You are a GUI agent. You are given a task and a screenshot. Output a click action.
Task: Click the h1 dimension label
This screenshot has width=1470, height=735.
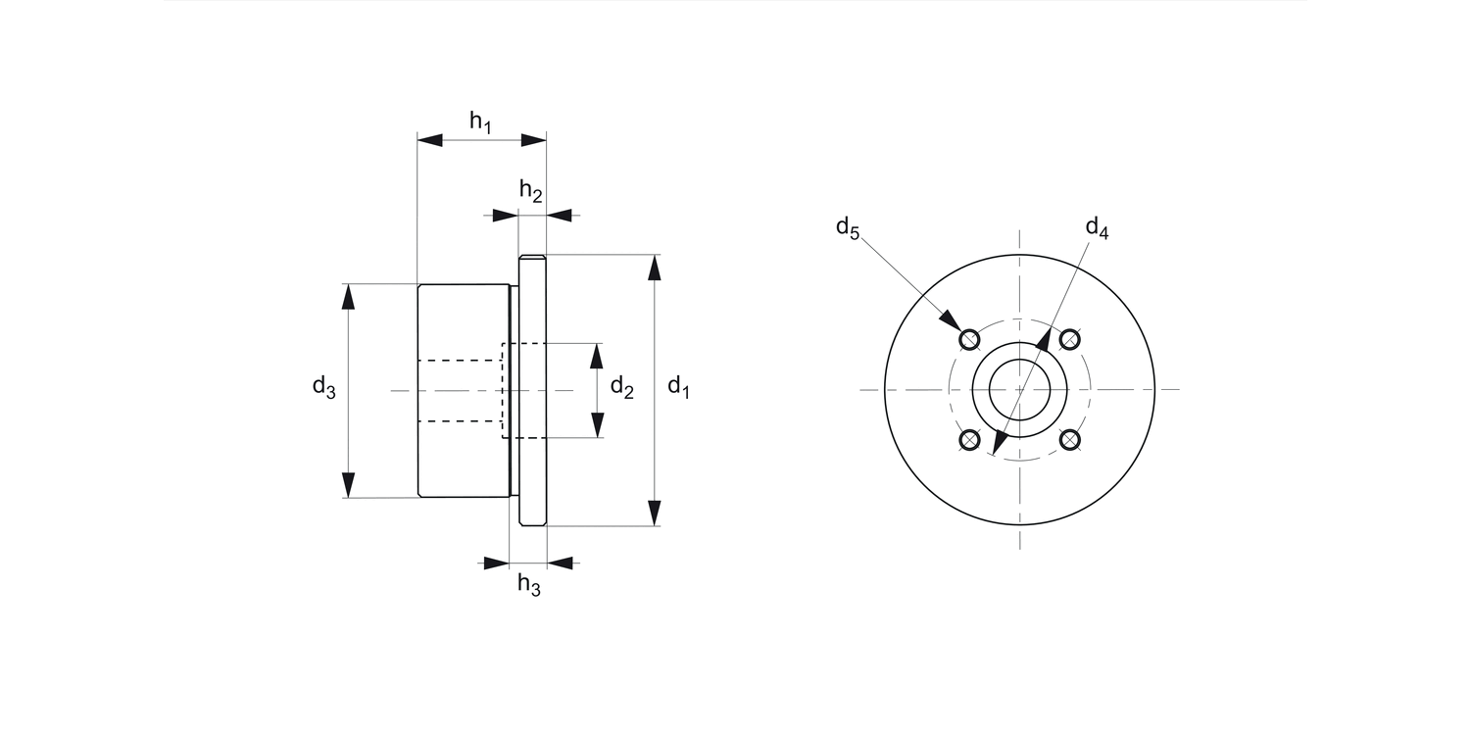(x=480, y=122)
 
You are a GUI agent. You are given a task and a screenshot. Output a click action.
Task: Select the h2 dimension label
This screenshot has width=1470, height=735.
(x=530, y=191)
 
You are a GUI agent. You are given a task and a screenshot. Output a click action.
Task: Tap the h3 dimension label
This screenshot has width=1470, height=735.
(x=529, y=586)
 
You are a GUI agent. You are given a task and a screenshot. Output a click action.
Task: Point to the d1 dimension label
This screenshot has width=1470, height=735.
(x=678, y=387)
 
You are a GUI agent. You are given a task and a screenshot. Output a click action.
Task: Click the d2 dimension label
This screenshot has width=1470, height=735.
(x=621, y=387)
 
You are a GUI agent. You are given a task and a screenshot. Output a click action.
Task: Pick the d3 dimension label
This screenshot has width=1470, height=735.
(x=323, y=387)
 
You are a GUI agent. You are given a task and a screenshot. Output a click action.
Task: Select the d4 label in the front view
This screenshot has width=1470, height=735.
(x=1097, y=227)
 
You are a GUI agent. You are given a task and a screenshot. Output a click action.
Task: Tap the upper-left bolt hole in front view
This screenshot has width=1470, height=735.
(x=969, y=339)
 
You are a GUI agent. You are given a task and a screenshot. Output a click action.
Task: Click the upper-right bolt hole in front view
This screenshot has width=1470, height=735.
(x=1070, y=339)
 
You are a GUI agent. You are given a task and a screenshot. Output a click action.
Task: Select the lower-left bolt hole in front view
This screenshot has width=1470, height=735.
(x=969, y=440)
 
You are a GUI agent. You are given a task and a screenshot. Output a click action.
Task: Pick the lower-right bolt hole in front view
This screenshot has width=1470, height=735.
(x=1070, y=440)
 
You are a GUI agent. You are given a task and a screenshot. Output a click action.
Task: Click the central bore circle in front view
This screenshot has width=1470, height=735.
(x=1019, y=389)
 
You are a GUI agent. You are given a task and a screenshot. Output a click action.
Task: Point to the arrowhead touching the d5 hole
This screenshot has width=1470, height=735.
(x=950, y=320)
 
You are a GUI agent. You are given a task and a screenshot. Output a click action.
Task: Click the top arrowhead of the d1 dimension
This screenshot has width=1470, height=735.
(x=655, y=268)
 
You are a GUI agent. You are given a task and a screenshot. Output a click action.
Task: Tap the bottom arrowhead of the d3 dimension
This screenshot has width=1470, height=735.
(x=348, y=485)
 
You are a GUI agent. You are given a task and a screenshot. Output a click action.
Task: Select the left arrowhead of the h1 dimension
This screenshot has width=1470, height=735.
(x=430, y=140)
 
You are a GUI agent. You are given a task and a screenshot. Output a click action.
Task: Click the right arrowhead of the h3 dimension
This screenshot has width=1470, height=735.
(x=560, y=563)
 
